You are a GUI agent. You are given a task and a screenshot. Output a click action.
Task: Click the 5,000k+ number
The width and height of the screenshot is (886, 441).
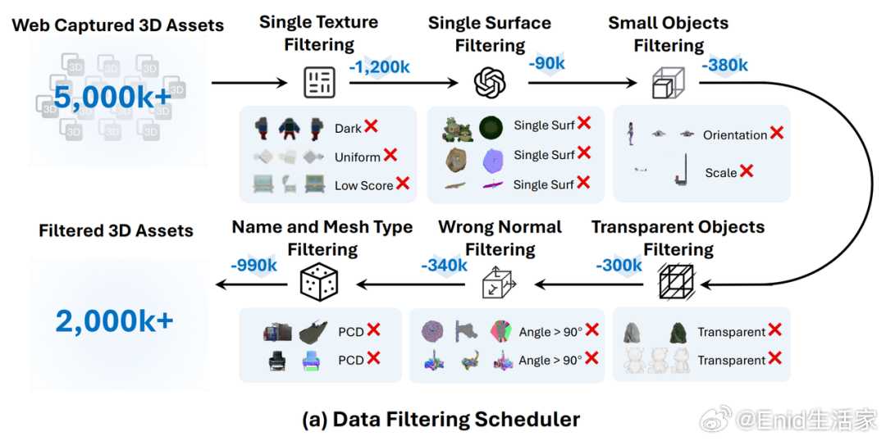(x=113, y=97)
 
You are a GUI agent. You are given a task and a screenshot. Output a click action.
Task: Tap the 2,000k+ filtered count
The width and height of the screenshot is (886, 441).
(x=115, y=321)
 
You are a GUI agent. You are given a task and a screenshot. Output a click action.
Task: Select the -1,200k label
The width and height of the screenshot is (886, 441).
(x=379, y=67)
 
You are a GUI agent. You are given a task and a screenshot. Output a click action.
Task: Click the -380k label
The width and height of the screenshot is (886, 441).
(x=724, y=64)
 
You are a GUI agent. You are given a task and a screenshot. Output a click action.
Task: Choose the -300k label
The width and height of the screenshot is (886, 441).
(x=619, y=265)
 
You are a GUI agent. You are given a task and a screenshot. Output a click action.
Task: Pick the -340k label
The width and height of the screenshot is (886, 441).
(x=444, y=265)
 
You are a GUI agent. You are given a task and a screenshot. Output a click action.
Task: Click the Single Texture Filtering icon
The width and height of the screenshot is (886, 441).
(x=319, y=81)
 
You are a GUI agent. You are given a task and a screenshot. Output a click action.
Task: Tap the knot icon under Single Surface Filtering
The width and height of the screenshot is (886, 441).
(x=490, y=81)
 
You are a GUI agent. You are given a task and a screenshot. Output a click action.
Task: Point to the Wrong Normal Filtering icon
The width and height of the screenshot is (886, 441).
(x=498, y=284)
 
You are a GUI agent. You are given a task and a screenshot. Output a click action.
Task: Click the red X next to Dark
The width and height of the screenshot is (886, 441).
(x=371, y=127)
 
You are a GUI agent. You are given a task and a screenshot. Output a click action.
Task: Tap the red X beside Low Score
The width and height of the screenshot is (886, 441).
(x=402, y=184)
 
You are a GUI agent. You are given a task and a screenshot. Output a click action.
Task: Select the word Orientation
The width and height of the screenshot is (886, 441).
(x=734, y=135)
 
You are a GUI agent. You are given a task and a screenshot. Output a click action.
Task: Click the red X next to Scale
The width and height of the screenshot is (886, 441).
(x=747, y=171)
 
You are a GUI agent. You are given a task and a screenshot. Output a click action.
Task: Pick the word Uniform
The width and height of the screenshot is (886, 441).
(x=357, y=157)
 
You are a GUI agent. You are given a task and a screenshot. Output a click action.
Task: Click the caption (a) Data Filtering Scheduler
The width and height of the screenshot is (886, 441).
(x=441, y=420)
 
